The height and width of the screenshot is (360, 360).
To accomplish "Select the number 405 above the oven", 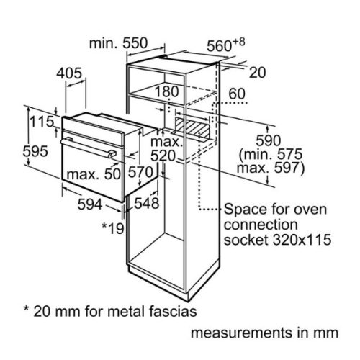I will pyautogui.click(x=69, y=73).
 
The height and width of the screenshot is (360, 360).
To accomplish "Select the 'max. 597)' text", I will pyautogui.click(x=271, y=168).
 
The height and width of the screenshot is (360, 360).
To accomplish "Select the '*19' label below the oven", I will pyautogui.click(x=114, y=229).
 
